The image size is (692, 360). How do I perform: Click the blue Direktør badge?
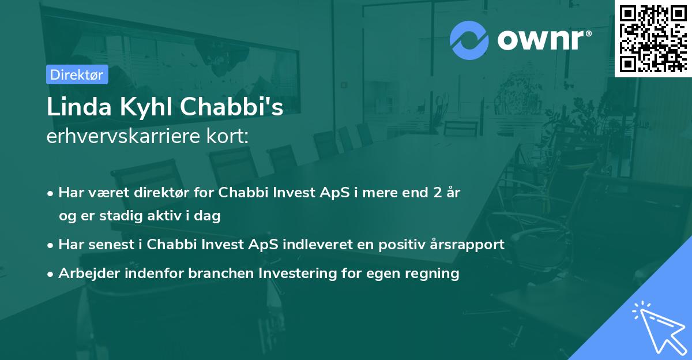pos(77,74)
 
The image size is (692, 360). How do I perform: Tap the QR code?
pos(653,38)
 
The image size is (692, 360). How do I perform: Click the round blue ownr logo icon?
pos(469,40)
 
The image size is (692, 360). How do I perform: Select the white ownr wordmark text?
pos(544,40)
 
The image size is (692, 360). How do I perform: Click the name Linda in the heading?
pos(79,107)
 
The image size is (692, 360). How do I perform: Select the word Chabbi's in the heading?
pos(232,107)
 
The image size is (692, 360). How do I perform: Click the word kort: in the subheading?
pos(228,136)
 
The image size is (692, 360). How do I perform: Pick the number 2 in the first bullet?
pos(438,193)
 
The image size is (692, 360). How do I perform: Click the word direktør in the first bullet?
pos(161,193)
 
